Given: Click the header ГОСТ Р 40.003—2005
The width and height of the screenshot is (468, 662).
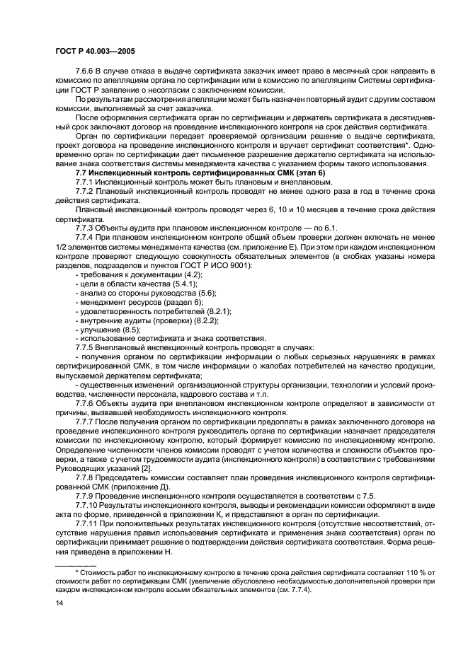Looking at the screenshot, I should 95,52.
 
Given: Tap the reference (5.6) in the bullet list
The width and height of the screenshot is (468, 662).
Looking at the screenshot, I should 206,292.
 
